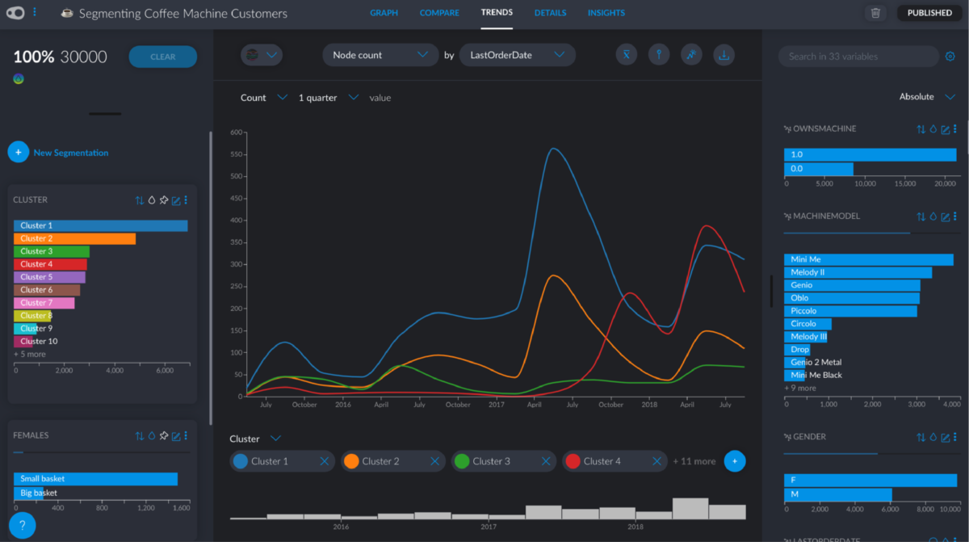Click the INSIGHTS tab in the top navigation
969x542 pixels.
point(606,13)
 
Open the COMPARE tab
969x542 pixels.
point(439,13)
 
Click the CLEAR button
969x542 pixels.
point(162,57)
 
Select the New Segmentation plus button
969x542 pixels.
point(18,152)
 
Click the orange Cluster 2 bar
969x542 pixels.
point(74,238)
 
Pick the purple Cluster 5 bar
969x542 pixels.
point(49,277)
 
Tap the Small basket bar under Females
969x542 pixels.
point(95,479)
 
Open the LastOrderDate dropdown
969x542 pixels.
point(517,55)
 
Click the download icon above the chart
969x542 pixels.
point(724,55)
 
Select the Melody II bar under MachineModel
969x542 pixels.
point(857,272)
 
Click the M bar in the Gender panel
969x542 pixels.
point(837,494)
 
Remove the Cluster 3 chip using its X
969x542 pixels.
point(545,461)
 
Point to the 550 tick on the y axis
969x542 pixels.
point(237,154)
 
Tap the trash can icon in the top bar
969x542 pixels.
point(875,13)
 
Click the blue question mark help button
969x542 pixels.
point(22,524)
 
